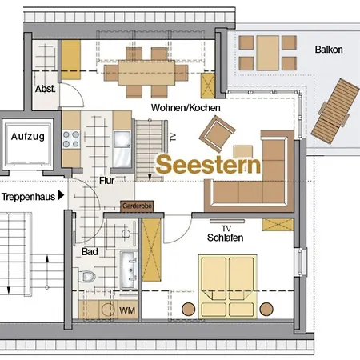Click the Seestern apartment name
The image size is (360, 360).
209,165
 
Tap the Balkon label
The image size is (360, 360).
329,50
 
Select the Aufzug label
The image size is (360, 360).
28,137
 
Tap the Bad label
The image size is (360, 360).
90,252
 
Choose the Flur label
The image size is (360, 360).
106,181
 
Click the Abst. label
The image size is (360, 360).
45,90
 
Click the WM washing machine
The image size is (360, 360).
126,310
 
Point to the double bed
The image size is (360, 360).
228,285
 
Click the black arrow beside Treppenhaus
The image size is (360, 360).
62,195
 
